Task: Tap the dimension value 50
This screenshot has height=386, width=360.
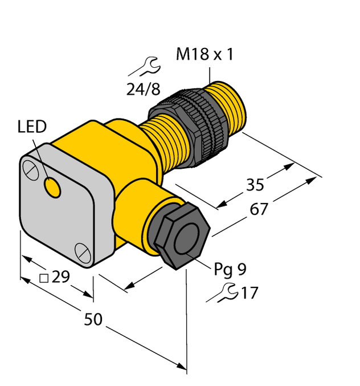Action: tap(93, 320)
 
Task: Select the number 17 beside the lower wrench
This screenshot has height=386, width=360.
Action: tap(249, 293)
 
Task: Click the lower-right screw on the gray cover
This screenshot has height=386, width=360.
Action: tap(82, 249)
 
